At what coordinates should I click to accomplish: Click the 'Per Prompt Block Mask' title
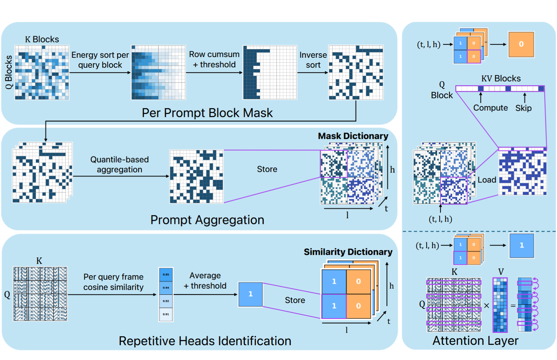207,113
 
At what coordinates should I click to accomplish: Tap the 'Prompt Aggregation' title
207,220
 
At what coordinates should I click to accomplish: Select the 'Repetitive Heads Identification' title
205,341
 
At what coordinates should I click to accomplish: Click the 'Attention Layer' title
475,340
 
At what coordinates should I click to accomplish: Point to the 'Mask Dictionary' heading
353,136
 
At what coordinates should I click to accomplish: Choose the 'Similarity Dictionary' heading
348,252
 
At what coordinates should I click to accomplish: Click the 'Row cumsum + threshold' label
214,59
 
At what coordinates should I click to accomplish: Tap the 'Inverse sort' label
313,60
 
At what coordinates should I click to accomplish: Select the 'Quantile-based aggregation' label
120,165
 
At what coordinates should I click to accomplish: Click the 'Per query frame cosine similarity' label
113,282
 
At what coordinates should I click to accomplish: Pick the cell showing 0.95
166,275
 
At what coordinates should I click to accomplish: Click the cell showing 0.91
166,314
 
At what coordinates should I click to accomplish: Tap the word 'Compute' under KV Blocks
490,108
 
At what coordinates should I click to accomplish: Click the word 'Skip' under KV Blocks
523,108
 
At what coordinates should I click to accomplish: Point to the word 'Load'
487,180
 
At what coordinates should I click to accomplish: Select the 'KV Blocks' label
501,79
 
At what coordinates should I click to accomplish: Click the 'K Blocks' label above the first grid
42,40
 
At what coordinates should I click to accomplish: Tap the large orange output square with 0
521,44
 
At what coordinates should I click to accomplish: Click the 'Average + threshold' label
205,281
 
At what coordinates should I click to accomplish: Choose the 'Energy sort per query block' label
100,60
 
